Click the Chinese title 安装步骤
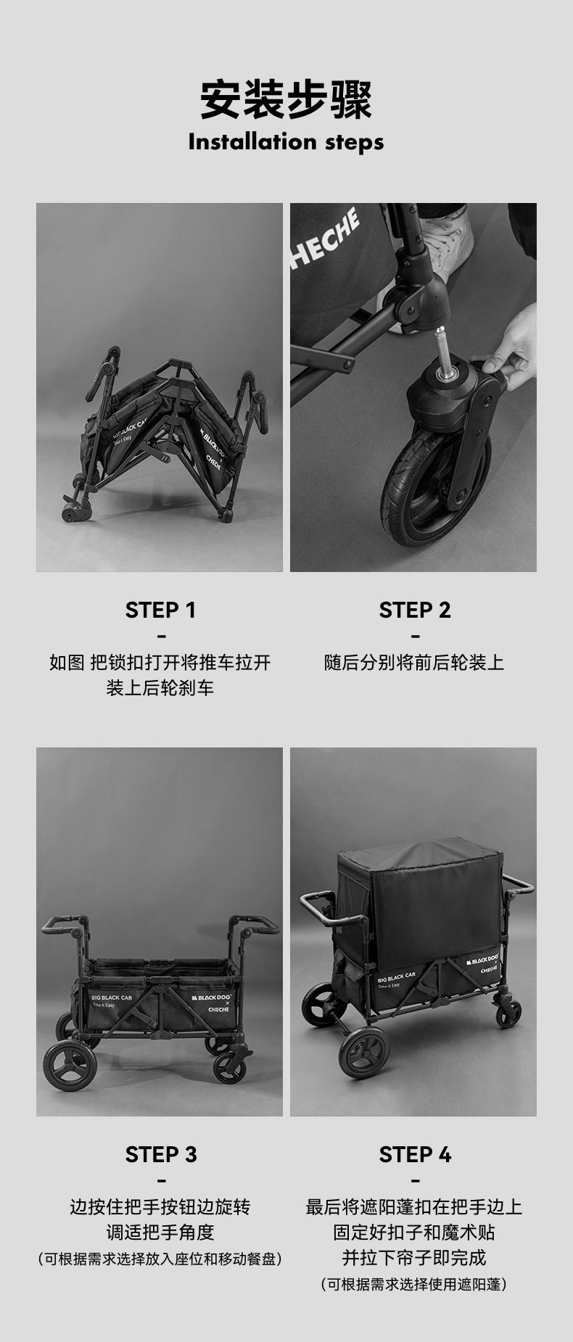286,99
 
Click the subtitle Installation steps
286,141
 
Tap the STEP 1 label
160,610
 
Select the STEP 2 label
414,610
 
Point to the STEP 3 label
160,1154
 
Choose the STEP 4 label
414,1154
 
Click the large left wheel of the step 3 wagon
70,1065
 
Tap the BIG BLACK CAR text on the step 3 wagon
112,998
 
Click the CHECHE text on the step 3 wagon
218,1009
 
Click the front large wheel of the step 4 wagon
363,1052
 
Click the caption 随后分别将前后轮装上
414,663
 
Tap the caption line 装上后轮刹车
160,688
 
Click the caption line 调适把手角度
160,1232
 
